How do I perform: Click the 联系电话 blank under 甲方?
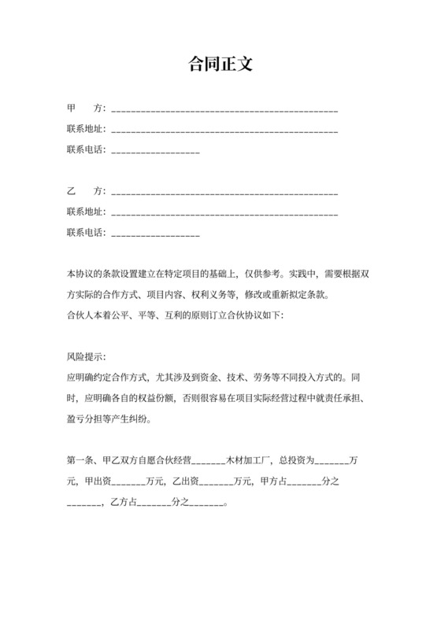click(x=157, y=150)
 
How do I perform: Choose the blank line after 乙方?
click(x=225, y=193)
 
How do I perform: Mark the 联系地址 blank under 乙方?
click(x=225, y=213)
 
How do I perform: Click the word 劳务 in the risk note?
click(x=287, y=377)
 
